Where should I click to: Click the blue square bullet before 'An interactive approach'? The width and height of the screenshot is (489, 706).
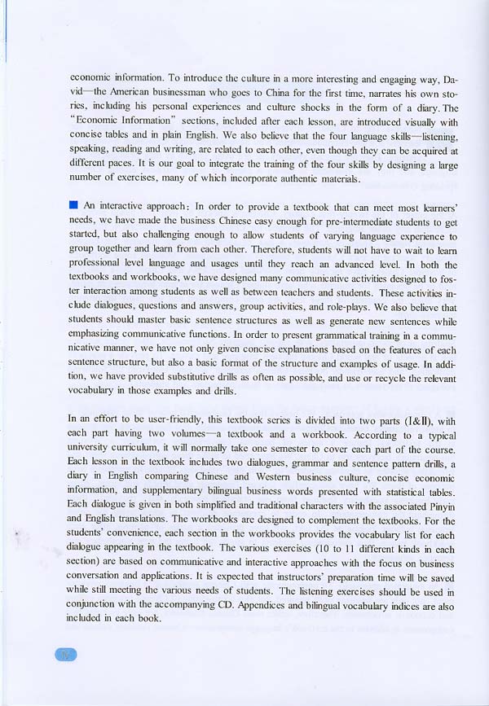point(73,204)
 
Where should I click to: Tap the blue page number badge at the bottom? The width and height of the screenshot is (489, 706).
point(64,654)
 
